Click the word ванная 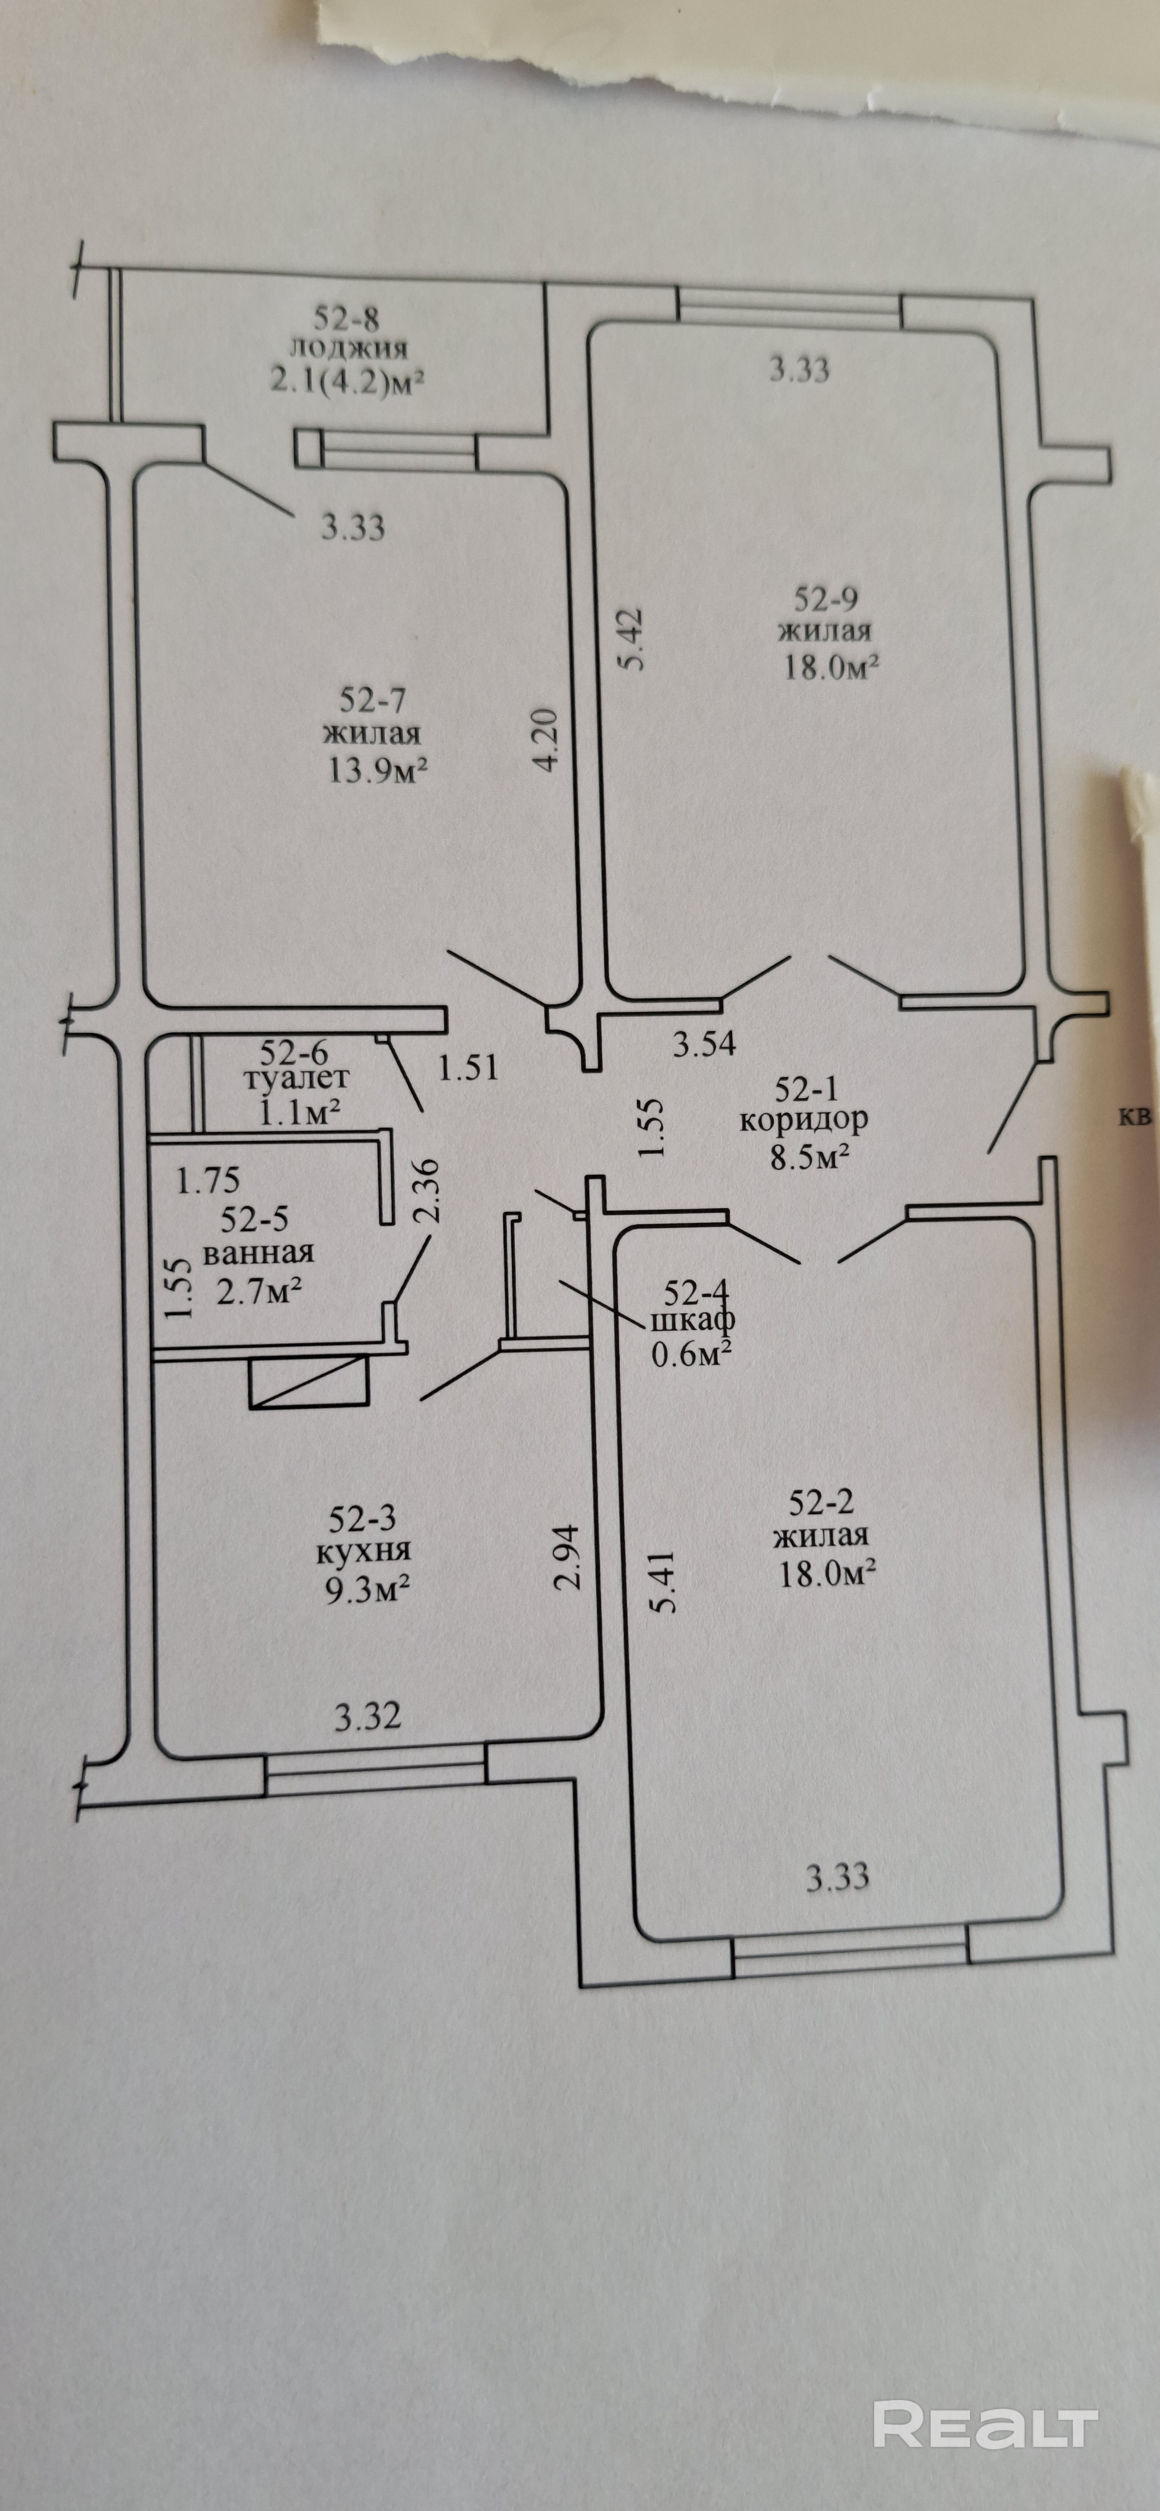click(257, 1254)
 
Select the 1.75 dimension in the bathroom click(207, 1180)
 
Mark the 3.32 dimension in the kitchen click(368, 1716)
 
